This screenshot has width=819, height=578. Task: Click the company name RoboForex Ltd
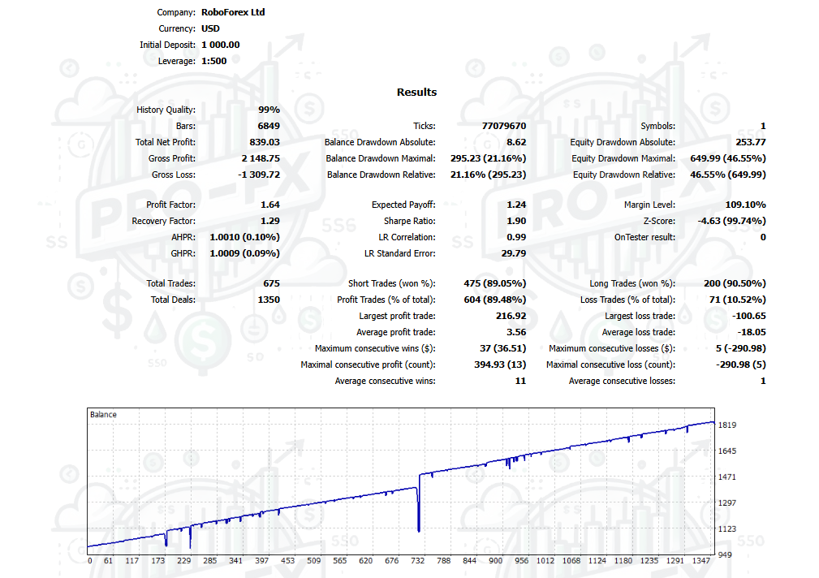pyautogui.click(x=233, y=12)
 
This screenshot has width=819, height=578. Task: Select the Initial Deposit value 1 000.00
pyautogui.click(x=220, y=45)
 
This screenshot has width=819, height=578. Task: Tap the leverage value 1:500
pyautogui.click(x=213, y=61)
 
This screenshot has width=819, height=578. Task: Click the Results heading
pyautogui.click(x=416, y=92)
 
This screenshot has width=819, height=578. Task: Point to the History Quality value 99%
pyautogui.click(x=269, y=110)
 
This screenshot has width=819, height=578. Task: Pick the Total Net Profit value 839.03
pyautogui.click(x=264, y=142)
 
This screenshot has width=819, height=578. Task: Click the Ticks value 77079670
pyautogui.click(x=503, y=126)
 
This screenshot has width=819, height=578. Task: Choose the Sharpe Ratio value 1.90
pyautogui.click(x=515, y=221)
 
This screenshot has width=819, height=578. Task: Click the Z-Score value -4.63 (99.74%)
pyautogui.click(x=729, y=221)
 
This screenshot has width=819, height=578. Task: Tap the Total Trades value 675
pyautogui.click(x=271, y=283)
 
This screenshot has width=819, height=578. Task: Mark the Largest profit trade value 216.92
pyautogui.click(x=510, y=316)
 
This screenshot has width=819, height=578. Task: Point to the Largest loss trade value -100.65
pyautogui.click(x=747, y=316)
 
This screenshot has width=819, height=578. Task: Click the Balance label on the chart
pyautogui.click(x=103, y=414)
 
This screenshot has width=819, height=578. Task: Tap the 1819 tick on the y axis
pyautogui.click(x=727, y=425)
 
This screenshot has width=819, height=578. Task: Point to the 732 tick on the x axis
pyautogui.click(x=418, y=560)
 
